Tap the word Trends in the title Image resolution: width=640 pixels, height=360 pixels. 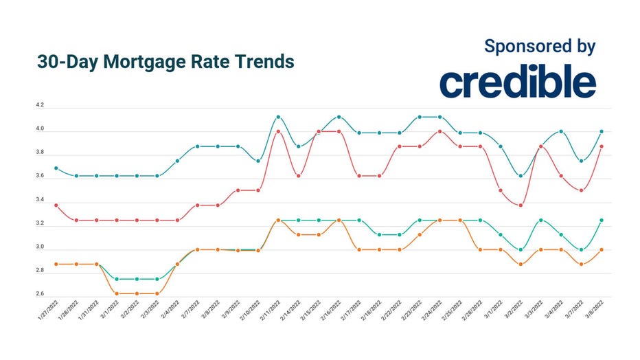coord(260,61)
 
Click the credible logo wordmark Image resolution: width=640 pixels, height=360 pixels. coord(517,83)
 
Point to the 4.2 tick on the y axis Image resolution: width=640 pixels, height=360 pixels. coord(40,106)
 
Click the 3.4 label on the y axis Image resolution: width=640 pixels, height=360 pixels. coord(40,201)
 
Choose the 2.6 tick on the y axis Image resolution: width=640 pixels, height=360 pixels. coord(40,295)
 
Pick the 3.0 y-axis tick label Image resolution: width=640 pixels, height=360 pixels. coord(40,247)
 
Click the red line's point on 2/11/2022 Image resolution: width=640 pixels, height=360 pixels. coord(278,131)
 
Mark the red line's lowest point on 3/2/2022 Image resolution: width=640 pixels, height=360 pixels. coord(521,205)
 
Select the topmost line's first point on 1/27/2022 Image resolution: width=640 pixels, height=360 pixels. coord(56,168)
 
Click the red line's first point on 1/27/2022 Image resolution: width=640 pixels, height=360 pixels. coord(56,205)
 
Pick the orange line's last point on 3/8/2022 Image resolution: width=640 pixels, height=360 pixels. coord(602,250)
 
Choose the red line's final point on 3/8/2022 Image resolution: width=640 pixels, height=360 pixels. coord(602,146)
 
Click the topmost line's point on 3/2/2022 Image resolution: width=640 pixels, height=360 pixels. coord(521,176)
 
